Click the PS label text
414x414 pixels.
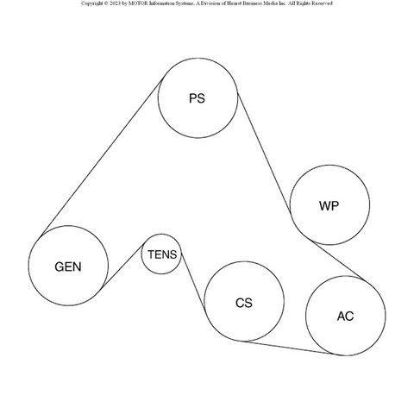point(197,98)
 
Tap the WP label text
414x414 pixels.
point(329,205)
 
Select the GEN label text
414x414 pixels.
point(68,267)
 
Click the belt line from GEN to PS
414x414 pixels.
point(102,157)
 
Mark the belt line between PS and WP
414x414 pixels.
point(264,153)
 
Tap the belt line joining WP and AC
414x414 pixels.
point(339,261)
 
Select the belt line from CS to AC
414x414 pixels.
point(290,348)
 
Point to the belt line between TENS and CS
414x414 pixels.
point(193,281)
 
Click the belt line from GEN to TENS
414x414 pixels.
point(124,265)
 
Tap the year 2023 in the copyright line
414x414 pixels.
point(115,3)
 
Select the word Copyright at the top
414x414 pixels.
point(91,3)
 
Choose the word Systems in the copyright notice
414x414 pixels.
point(184,3)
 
